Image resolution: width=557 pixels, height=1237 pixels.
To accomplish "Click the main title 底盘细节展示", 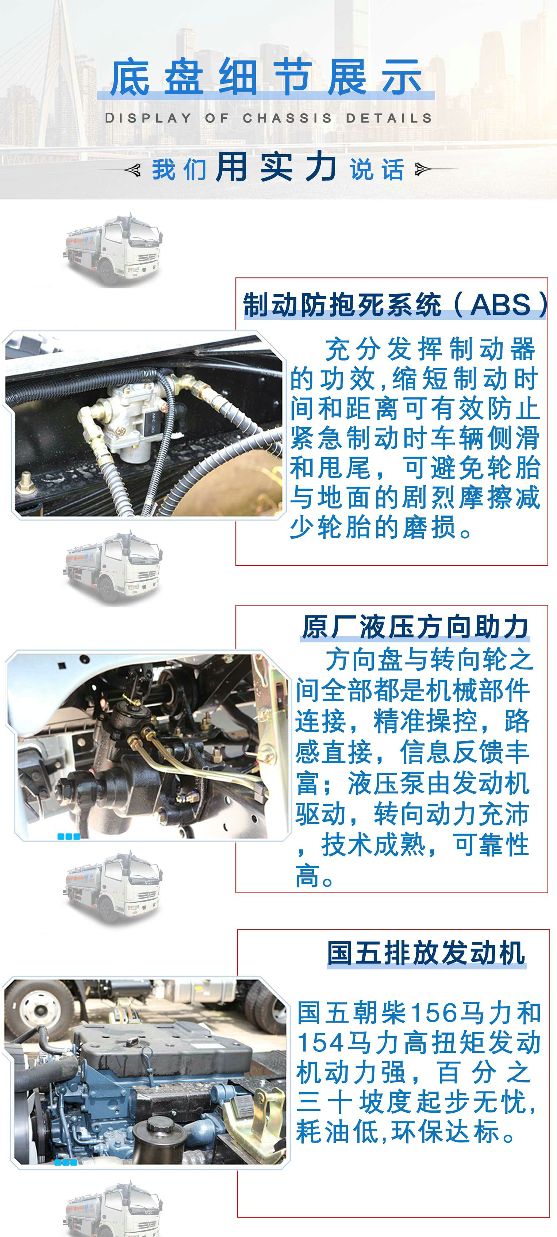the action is pos(266,77).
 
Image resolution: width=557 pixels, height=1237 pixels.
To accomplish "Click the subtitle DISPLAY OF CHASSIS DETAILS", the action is pos(269,118).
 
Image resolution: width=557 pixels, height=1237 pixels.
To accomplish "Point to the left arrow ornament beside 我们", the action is pos(120,170).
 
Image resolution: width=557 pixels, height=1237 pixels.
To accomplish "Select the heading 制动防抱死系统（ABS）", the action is pos(395,305).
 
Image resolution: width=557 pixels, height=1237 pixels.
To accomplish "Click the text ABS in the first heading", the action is pos(500,305).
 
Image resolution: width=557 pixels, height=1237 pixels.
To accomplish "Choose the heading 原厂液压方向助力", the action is pos(415,627).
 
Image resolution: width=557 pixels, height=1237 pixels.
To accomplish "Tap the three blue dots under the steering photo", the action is pos(69,836).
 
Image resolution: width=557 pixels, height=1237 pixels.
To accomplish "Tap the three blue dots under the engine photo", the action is pos(66,1162).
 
